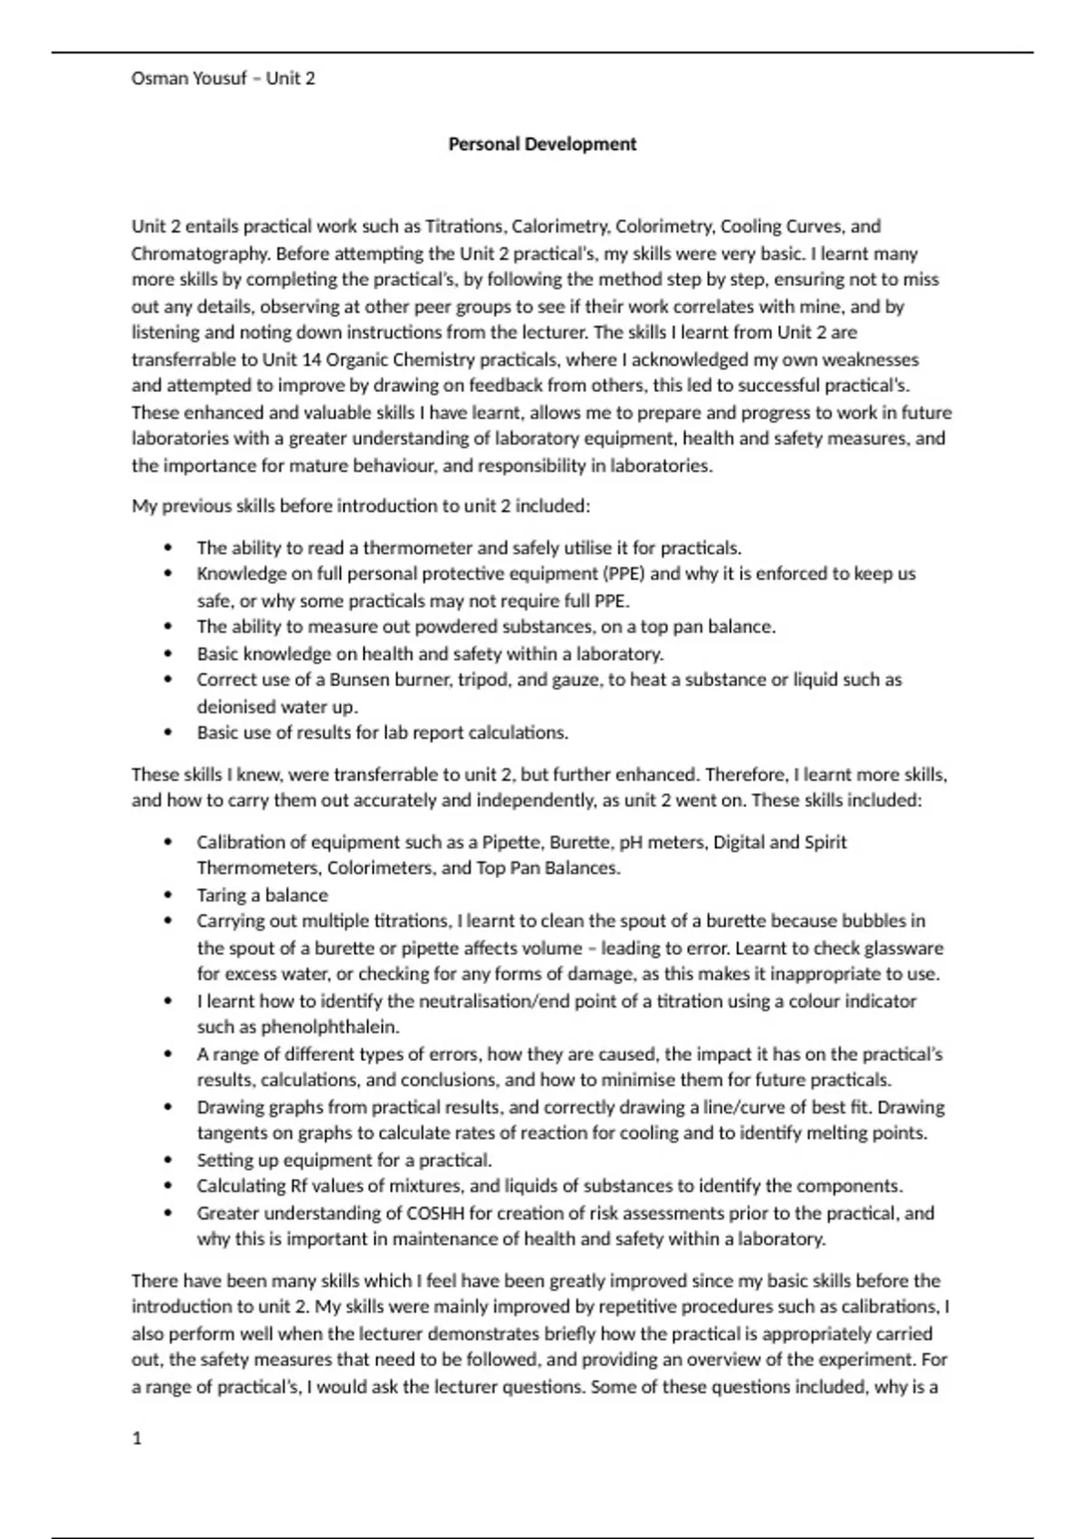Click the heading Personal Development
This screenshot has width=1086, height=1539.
542,144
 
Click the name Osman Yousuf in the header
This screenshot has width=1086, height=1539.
188,79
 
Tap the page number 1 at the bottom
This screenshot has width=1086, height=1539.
137,1439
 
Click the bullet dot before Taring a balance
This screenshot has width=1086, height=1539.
167,895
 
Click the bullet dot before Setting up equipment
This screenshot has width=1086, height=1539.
167,1161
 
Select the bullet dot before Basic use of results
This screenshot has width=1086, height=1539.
167,733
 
